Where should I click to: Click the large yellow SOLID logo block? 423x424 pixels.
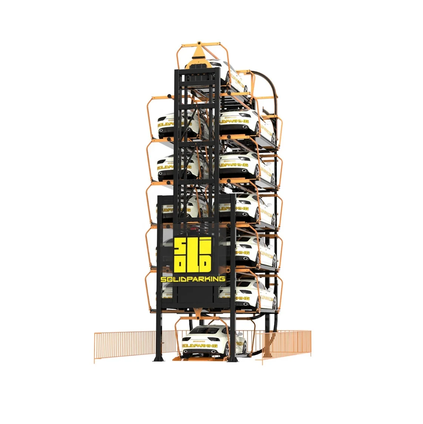[x=192, y=254]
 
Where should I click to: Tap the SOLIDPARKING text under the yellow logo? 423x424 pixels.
[x=193, y=279]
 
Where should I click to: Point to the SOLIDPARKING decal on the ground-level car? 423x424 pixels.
[x=200, y=346]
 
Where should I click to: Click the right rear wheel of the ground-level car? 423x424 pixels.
[x=244, y=349]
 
